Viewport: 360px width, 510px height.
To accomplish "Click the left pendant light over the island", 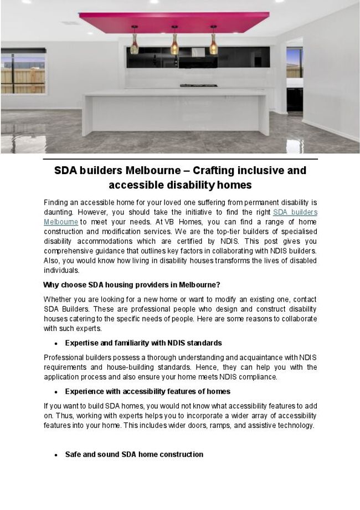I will point(135,45).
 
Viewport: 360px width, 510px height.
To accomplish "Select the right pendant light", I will point(213,44).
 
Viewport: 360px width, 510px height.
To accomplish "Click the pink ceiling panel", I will point(174,22).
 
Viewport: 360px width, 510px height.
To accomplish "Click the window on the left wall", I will point(23,72).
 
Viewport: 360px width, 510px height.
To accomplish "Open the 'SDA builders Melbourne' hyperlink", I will point(295,212).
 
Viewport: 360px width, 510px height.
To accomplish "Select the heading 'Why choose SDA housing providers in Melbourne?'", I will point(131,285).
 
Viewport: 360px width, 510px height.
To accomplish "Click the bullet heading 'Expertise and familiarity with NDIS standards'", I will point(143,343).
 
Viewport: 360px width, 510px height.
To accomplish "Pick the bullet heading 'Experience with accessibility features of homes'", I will point(147,391).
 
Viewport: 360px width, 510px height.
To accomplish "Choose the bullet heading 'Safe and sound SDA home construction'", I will point(134,455).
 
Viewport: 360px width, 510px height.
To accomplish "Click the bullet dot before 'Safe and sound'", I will point(56,455).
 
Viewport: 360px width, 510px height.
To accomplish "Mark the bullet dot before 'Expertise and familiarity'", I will point(56,344).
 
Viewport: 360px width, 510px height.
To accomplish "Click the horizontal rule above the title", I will point(180,159).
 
